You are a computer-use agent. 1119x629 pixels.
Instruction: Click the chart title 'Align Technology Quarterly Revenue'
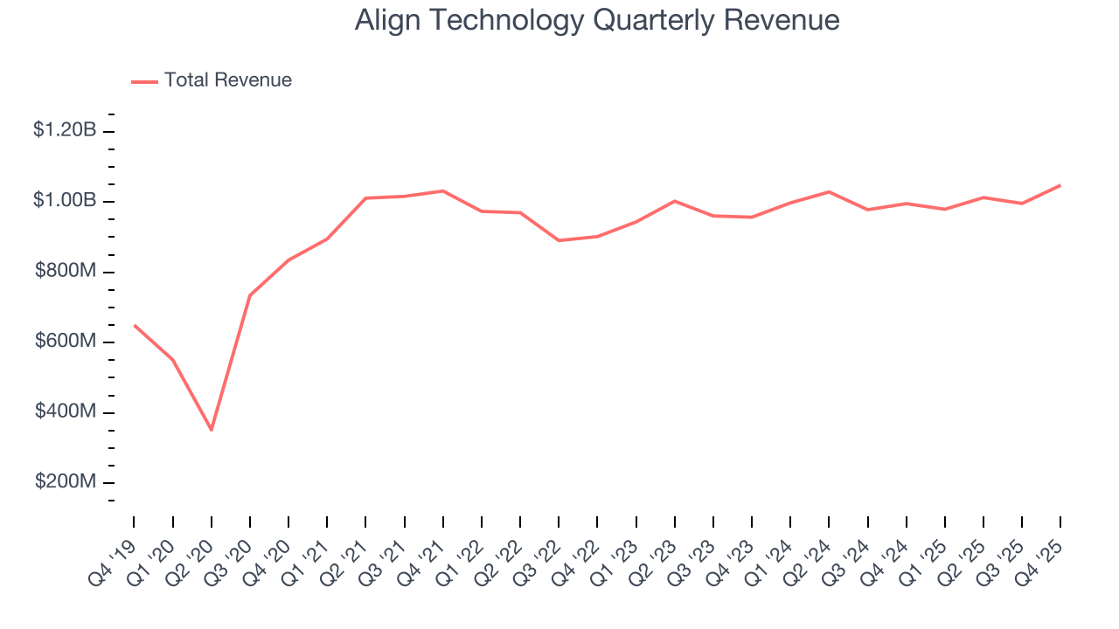click(597, 20)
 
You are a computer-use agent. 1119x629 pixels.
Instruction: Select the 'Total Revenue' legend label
click(227, 80)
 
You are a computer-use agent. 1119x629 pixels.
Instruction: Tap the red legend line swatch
click(144, 81)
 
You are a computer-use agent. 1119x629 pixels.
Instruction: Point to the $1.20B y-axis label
click(65, 130)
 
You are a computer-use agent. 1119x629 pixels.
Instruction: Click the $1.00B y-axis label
click(65, 201)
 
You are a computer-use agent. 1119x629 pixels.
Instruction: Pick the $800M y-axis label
click(66, 271)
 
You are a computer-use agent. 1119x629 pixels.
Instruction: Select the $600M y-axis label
click(66, 342)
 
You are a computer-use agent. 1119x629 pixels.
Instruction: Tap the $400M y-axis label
click(66, 411)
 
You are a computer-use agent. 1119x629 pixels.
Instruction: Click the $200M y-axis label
click(66, 482)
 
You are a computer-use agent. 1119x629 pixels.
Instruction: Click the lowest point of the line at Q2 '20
click(212, 430)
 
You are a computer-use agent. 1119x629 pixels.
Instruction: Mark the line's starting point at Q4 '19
click(134, 325)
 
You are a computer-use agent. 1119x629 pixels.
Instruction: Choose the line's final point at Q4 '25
click(1060, 185)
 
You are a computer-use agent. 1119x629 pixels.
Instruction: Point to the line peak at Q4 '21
click(443, 190)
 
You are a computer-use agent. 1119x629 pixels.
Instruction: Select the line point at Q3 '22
click(559, 240)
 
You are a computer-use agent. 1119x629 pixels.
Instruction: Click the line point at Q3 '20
click(250, 295)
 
